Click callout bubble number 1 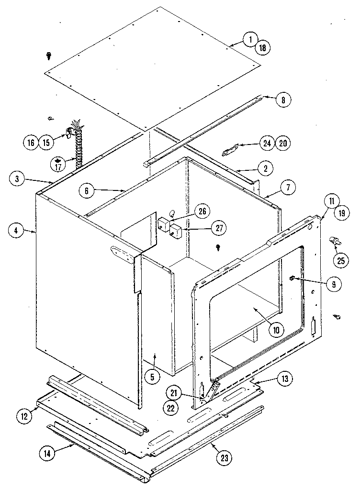coord(249,40)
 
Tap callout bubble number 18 coord(262,47)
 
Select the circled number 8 coord(283,100)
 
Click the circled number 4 coord(16,231)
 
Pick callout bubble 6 coord(87,190)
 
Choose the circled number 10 coord(276,329)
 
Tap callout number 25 coord(341,261)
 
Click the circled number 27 coord(218,229)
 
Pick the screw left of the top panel coord(49,56)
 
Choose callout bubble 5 coord(152,377)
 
